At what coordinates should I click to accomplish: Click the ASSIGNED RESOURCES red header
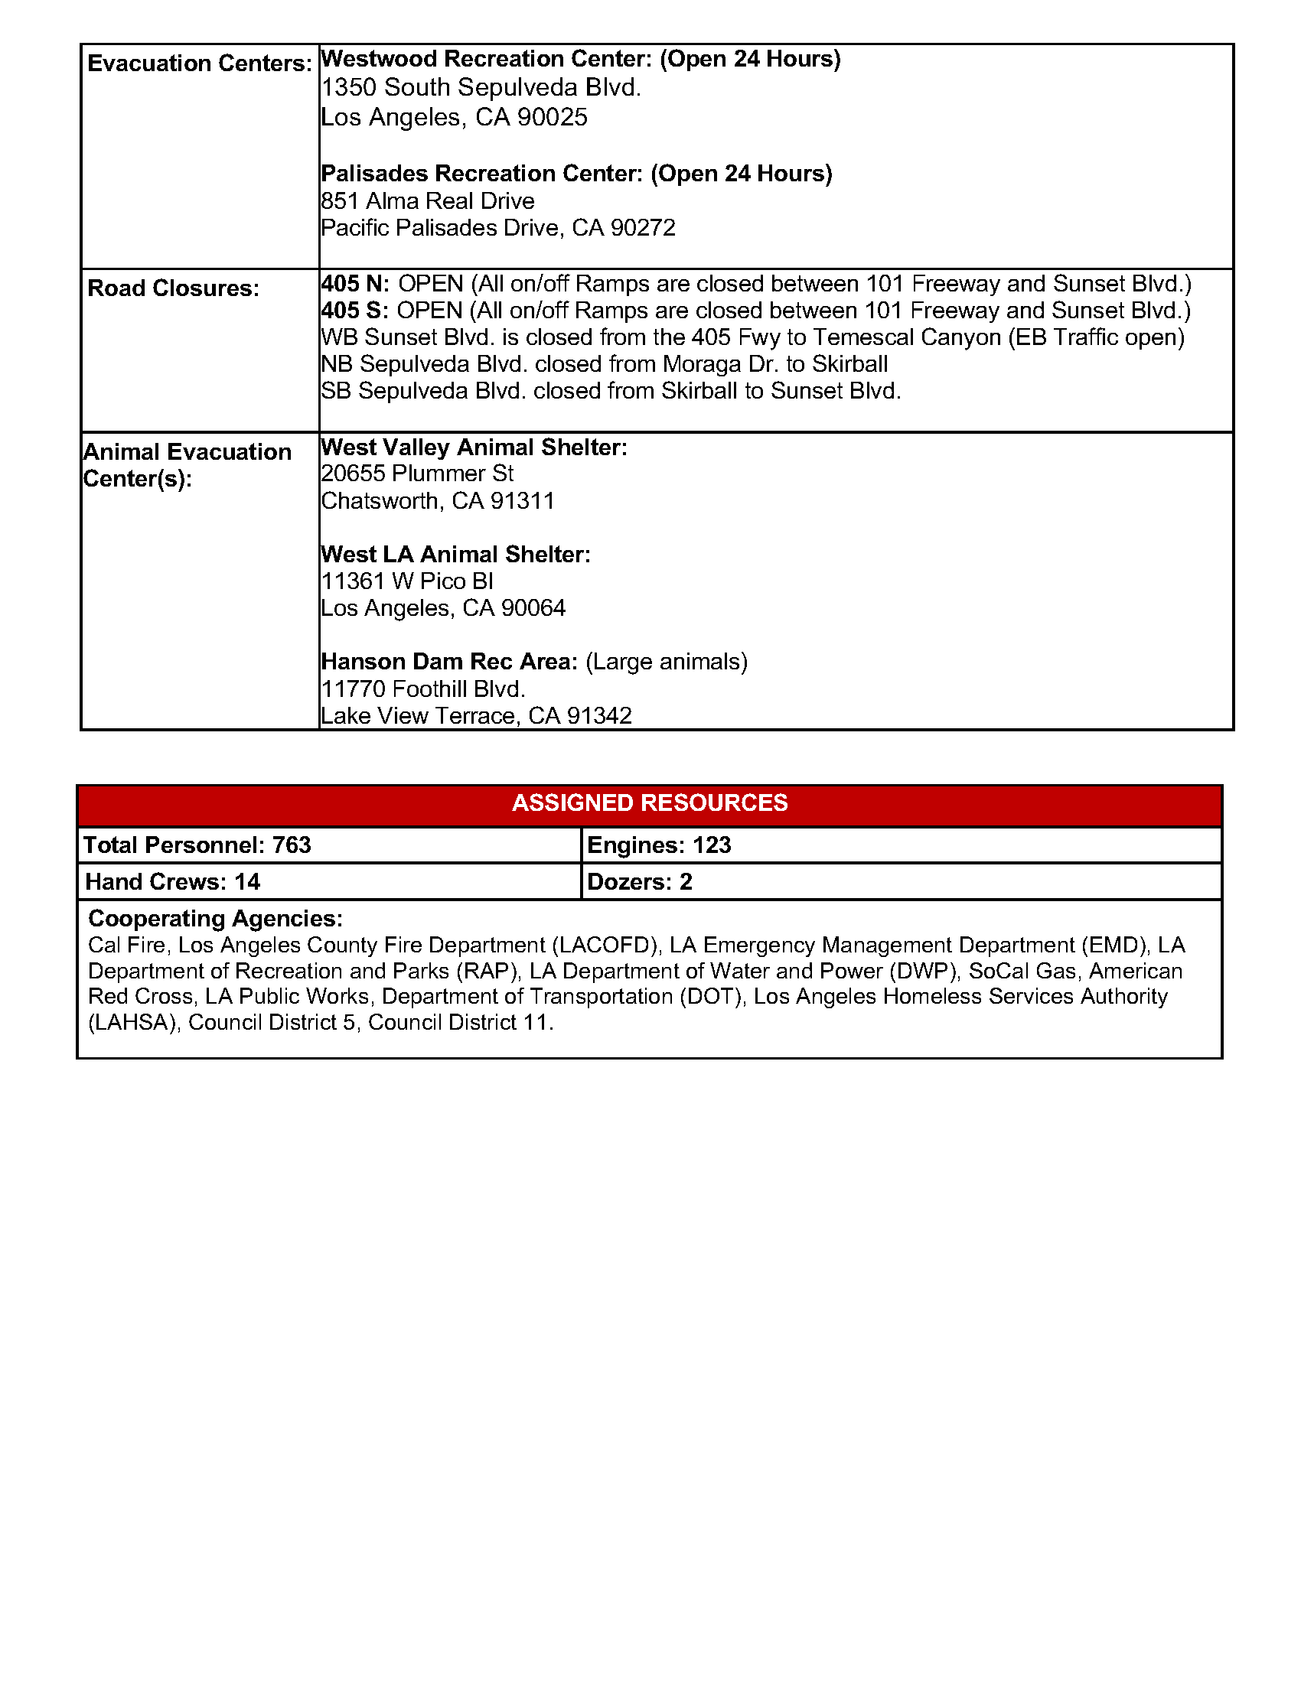650,803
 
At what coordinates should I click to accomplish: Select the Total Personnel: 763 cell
197,845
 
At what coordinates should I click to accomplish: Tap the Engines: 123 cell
659,845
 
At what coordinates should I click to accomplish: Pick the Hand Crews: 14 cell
173,881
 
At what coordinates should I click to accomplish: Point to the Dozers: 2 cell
640,881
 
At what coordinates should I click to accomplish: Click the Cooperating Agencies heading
215,919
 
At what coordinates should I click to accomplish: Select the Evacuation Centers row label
200,63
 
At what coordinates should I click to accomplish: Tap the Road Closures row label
174,288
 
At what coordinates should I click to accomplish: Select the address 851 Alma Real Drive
428,201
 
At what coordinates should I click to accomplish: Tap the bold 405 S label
354,311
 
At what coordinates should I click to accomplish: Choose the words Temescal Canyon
907,337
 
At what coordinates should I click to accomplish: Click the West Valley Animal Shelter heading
474,448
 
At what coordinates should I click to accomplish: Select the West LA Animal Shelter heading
455,555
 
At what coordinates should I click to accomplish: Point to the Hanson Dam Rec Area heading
449,662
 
